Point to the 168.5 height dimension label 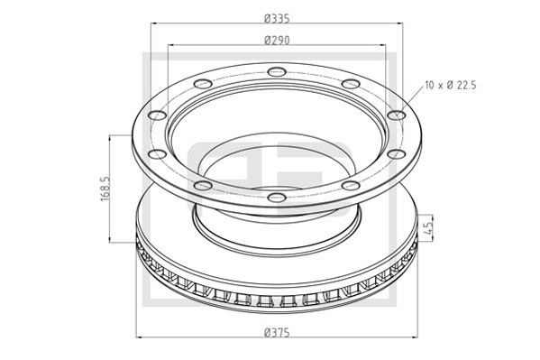[105, 189]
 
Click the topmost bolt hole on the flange [270, 70]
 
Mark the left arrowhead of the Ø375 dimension [138, 337]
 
